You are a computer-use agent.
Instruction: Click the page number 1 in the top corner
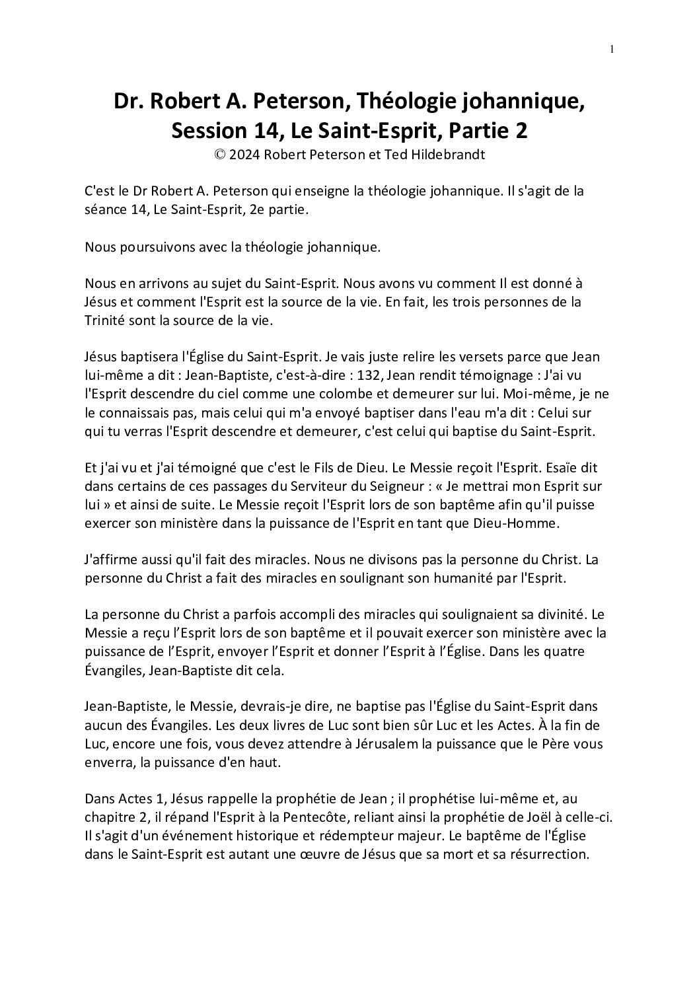click(x=612, y=49)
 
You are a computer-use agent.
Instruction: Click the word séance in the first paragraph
click(x=106, y=210)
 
